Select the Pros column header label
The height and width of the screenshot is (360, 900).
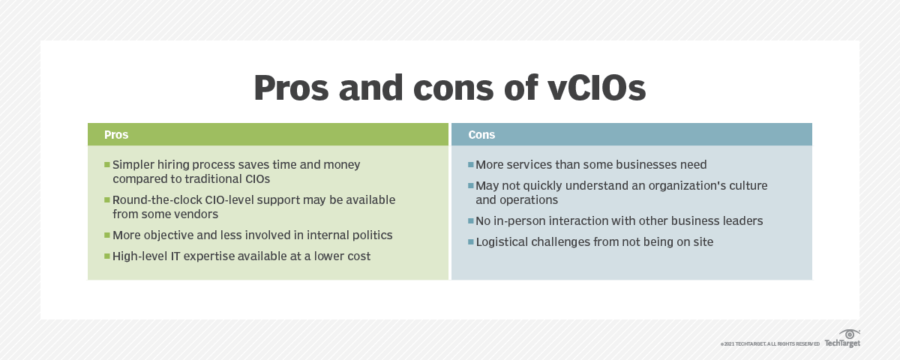pos(116,135)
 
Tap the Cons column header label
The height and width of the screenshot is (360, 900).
pos(481,135)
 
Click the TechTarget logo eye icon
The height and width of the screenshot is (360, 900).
pos(849,334)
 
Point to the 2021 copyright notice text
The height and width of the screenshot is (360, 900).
pos(769,343)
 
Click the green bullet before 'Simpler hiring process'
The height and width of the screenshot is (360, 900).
pos(107,164)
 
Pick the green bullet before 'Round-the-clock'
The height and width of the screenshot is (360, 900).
pos(107,200)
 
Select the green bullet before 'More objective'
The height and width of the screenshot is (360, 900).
pos(107,235)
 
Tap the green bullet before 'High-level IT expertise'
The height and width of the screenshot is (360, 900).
pos(107,256)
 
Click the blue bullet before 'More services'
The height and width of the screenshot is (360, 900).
pos(470,164)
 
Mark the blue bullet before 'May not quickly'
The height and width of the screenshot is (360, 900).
pos(470,185)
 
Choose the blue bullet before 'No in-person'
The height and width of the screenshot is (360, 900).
pos(470,221)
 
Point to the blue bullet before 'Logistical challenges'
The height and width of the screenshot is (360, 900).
pos(470,242)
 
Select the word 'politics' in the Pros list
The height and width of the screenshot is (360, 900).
pos(369,235)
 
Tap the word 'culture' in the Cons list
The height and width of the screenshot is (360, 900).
pos(746,185)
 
